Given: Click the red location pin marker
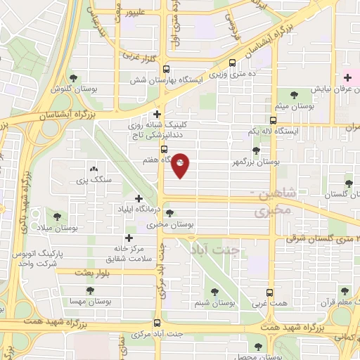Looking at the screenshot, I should pos(181,164).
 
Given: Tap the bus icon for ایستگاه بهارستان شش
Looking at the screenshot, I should pos(166,70).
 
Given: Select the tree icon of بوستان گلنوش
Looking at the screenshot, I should pos(73,77).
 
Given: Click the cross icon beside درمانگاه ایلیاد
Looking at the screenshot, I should pos(139,199).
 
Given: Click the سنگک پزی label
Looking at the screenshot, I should pos(97,180).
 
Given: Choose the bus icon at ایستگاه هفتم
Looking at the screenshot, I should pos(164,150).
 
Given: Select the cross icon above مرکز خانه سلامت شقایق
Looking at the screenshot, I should pos(128,238).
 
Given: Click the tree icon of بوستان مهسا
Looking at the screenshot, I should pos(89,290).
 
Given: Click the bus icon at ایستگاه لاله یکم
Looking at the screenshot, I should pos(274,120).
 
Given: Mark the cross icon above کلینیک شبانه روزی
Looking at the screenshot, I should pos(157,113).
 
